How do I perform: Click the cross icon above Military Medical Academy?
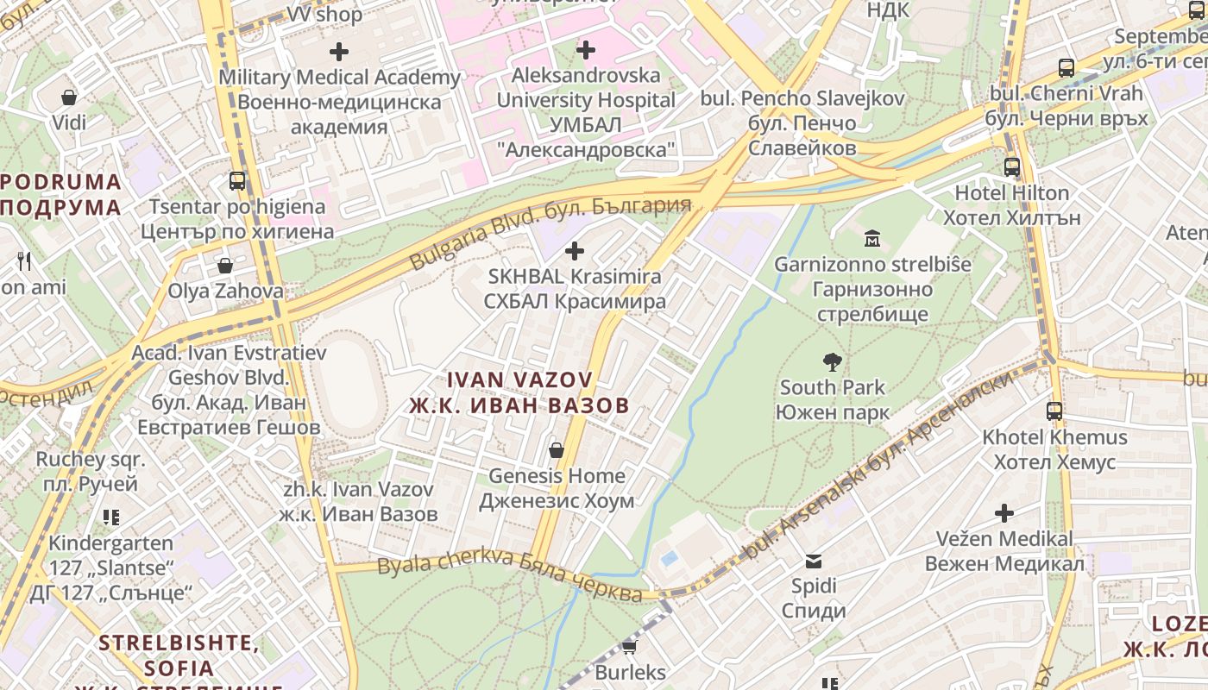(x=339, y=51)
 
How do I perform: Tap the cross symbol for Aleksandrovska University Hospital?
(x=586, y=50)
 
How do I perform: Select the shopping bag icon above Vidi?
(x=69, y=97)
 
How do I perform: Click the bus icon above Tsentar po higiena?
(x=237, y=181)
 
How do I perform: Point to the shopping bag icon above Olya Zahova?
(x=225, y=266)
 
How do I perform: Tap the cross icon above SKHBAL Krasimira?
(x=574, y=251)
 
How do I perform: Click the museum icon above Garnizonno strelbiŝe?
(x=872, y=238)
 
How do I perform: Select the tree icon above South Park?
(x=832, y=362)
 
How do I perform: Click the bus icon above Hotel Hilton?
(x=1012, y=167)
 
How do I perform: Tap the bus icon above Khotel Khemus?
(x=1054, y=411)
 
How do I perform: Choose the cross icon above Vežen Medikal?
(x=1004, y=513)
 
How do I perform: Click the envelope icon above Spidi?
(x=814, y=561)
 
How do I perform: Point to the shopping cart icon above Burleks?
(x=630, y=647)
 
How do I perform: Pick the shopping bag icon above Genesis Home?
(x=557, y=450)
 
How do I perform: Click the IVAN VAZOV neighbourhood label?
(x=519, y=392)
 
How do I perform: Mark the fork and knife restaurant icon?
(x=24, y=260)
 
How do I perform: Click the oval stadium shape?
(x=347, y=382)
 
